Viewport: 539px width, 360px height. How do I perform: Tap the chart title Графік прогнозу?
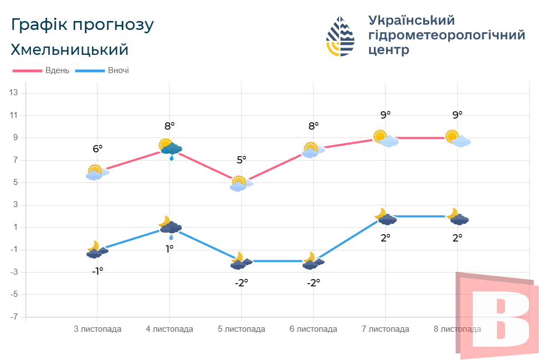pyautogui.click(x=82, y=25)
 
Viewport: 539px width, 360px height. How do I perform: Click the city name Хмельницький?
pyautogui.click(x=69, y=50)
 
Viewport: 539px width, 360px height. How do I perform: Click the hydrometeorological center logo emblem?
pyautogui.click(x=340, y=37)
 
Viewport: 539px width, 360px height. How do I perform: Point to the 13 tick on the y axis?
pyautogui.click(x=14, y=93)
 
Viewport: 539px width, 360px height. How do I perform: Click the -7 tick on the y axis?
pyautogui.click(x=14, y=317)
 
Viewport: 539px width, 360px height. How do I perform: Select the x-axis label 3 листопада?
pyautogui.click(x=97, y=329)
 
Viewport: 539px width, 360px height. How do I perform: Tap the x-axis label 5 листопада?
pyautogui.click(x=242, y=329)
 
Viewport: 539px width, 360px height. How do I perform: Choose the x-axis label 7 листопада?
pyautogui.click(x=386, y=329)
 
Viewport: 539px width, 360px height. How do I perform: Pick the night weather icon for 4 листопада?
pyautogui.click(x=170, y=226)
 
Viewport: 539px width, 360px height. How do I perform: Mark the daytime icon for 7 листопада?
pyautogui.click(x=385, y=138)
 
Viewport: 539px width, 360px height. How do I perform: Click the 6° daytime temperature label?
pyautogui.click(x=97, y=148)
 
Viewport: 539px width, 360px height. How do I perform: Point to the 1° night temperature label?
pyautogui.click(x=170, y=249)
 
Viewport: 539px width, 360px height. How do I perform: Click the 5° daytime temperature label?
pyautogui.click(x=242, y=160)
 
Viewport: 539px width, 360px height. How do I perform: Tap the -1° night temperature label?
pyautogui.click(x=97, y=271)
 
